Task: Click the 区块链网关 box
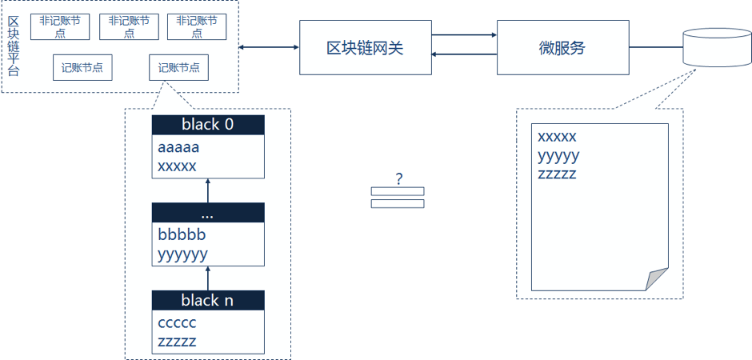click(x=365, y=48)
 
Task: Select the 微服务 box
click(x=562, y=48)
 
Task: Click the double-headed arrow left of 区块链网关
click(x=270, y=48)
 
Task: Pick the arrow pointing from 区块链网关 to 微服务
click(x=464, y=34)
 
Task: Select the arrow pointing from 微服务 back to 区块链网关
click(x=464, y=54)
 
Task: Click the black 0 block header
click(x=207, y=125)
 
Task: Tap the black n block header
click(x=207, y=300)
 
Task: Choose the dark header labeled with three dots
click(x=207, y=213)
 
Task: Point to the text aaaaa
click(x=178, y=148)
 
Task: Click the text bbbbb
click(x=182, y=235)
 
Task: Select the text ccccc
click(x=177, y=323)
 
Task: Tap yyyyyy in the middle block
click(x=183, y=254)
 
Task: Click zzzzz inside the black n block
click(x=177, y=342)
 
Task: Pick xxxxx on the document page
click(x=557, y=137)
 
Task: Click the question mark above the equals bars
click(x=398, y=178)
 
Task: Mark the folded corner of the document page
click(x=658, y=280)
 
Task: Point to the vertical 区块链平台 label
click(x=13, y=46)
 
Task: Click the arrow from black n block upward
click(x=207, y=278)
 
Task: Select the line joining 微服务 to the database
click(x=655, y=48)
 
